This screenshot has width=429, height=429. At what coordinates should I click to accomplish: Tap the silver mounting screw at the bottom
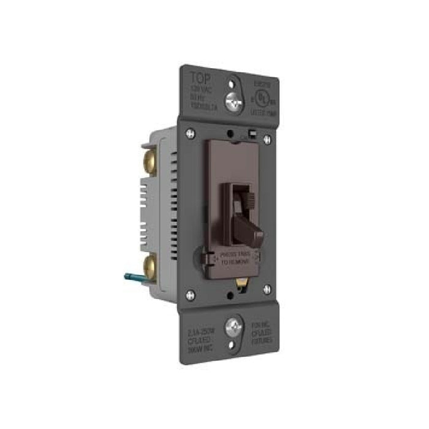[x=233, y=327]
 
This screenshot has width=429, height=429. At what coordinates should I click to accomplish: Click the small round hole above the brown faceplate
[x=229, y=131]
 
